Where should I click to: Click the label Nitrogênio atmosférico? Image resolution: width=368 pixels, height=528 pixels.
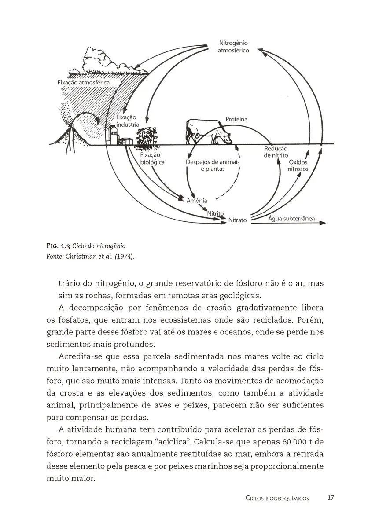pyautogui.click(x=233, y=47)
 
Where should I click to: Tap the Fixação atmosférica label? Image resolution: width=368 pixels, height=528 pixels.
pyautogui.click(x=83, y=82)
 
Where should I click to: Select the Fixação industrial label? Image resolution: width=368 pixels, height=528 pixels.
pyautogui.click(x=129, y=121)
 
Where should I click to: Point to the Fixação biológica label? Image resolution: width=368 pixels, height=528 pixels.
pyautogui.click(x=151, y=158)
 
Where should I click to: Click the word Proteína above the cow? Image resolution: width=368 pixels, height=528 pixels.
pyautogui.click(x=236, y=119)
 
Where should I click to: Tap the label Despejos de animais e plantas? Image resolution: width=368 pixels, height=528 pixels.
pyautogui.click(x=213, y=165)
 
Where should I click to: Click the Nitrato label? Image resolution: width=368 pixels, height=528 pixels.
pyautogui.click(x=237, y=220)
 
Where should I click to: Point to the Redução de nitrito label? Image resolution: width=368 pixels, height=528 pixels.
pyautogui.click(x=276, y=152)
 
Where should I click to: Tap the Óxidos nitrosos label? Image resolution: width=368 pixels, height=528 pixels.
pyautogui.click(x=298, y=165)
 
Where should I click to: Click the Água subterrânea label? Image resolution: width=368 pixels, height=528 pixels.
pyautogui.click(x=291, y=218)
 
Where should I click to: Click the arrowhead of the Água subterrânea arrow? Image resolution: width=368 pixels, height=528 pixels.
pyautogui.click(x=323, y=223)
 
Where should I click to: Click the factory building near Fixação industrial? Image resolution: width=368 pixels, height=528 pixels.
pyautogui.click(x=115, y=134)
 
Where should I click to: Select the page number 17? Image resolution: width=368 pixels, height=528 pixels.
pyautogui.click(x=331, y=498)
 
